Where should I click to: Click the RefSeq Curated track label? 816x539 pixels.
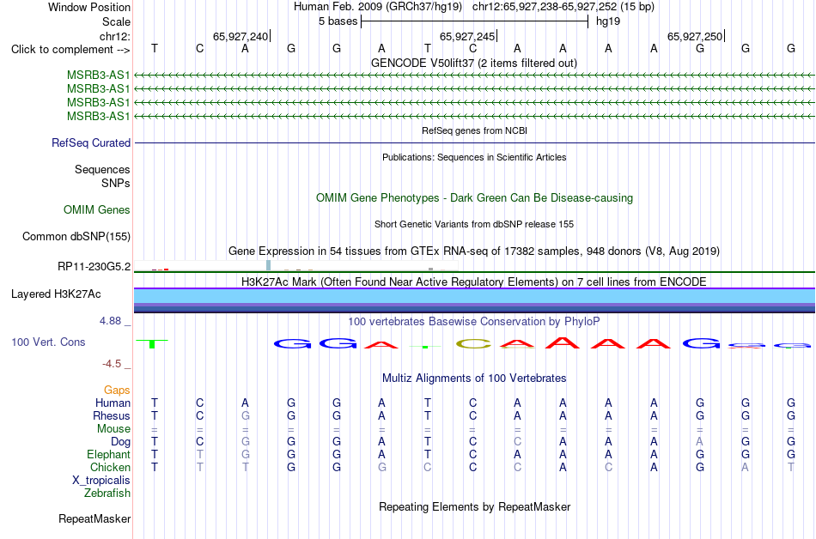pos(91,143)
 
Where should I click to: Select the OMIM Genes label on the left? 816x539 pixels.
pos(97,210)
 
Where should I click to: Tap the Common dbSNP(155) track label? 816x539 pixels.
pos(76,237)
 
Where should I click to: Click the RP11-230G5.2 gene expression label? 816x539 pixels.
pos(94,267)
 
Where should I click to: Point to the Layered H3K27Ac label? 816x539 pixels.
pos(56,294)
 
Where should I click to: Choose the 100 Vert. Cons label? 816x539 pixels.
pos(48,342)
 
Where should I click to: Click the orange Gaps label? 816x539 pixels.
pos(117,390)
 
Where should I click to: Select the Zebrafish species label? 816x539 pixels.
pos(107,493)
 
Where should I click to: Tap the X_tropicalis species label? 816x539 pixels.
pos(101,481)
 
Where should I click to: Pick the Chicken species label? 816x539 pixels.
pos(110,467)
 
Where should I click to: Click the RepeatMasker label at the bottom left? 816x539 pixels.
pos(94,518)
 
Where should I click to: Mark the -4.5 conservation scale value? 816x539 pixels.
pos(112,363)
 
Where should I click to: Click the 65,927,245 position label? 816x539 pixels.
pos(467,36)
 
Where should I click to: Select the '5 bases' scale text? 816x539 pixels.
pos(338,21)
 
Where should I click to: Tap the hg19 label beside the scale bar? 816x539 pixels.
pos(608,21)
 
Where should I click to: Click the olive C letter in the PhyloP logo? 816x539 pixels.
pos(473,343)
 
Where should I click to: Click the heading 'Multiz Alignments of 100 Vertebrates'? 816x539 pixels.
pos(474,378)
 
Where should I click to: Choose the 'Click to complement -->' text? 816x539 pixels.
pos(70,50)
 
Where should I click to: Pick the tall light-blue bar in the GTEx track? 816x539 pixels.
pos(269,265)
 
